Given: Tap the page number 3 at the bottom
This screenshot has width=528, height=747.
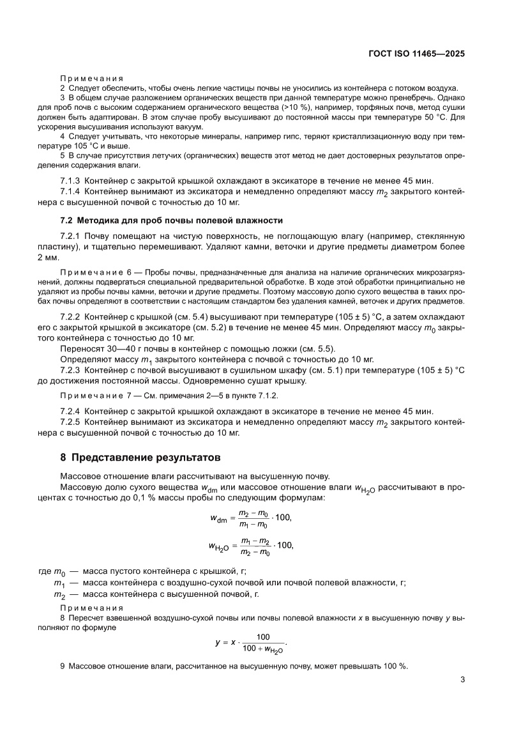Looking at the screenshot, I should tap(461, 680).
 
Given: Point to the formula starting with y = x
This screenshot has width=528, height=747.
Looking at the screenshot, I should tap(251, 642).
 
